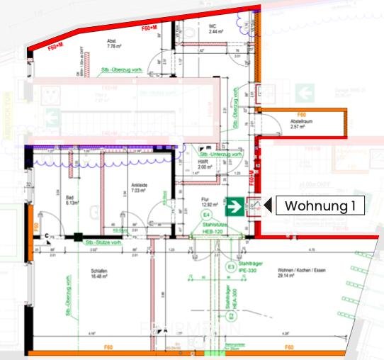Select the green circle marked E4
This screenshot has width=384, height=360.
click(208, 214)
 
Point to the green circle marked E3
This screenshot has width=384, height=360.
click(231, 267)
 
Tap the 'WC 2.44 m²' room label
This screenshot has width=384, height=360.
click(215, 29)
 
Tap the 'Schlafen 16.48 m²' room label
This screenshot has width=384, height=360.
click(98, 274)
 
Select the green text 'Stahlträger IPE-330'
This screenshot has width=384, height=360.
click(253, 267)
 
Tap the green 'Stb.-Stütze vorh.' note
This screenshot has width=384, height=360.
click(103, 242)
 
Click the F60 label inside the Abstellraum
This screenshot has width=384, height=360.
click(301, 114)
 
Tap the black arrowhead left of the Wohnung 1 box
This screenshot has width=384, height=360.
click(267, 206)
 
